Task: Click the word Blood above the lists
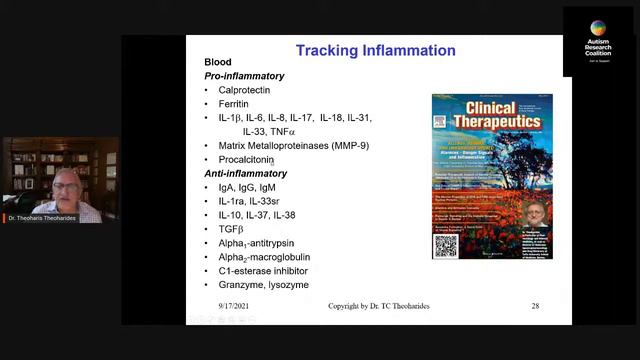tap(218, 62)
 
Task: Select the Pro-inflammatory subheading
tap(244, 76)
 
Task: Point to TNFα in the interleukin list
tap(281, 132)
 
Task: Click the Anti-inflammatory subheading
tap(246, 174)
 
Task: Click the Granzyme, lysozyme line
tap(263, 285)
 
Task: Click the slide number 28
tap(535, 306)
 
